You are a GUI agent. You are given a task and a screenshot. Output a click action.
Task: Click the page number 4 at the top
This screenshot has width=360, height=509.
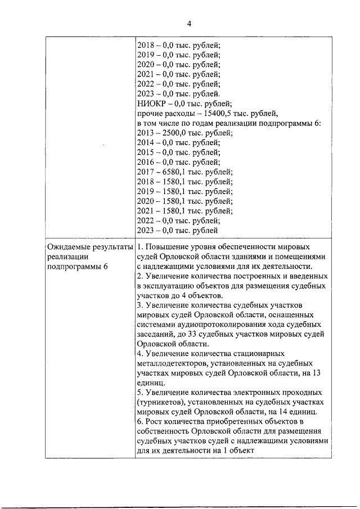189,23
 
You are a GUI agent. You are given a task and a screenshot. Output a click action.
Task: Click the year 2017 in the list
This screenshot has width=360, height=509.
146,172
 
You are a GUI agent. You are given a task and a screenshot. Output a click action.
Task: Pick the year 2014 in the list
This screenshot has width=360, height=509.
146,143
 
